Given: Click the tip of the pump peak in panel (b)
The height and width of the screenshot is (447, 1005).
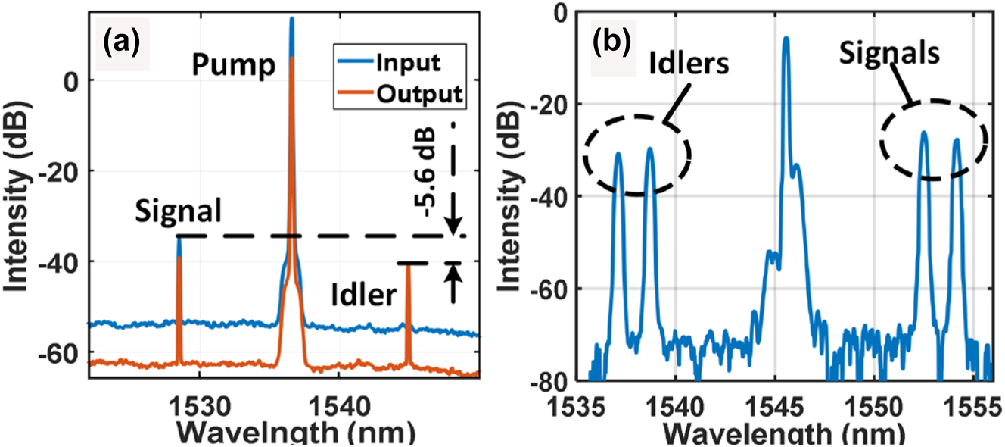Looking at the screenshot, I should click(786, 38).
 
